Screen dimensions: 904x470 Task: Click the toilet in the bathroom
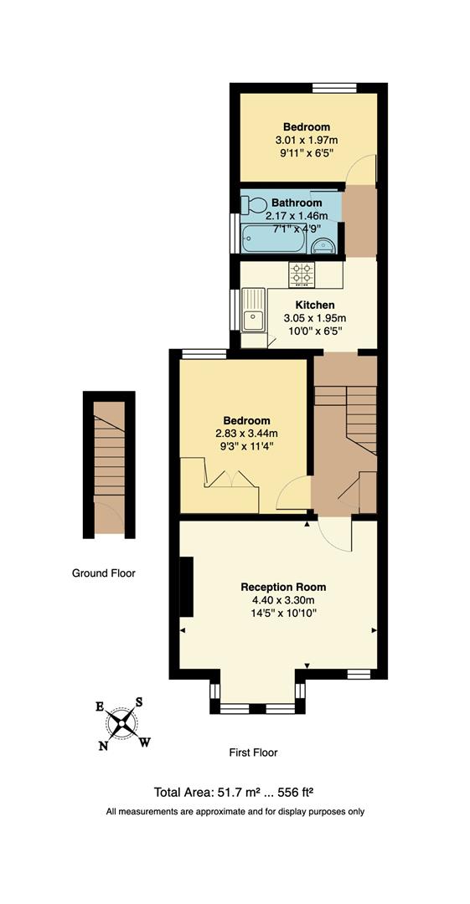254,204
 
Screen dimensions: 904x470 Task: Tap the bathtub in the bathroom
273,239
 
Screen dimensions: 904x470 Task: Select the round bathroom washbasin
325,244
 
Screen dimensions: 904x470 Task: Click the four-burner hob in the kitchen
302,272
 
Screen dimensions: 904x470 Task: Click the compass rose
122,722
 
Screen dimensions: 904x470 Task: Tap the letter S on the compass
140,701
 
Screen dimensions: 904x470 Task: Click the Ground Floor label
103,573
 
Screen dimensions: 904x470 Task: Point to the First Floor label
253,752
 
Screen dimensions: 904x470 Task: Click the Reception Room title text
283,587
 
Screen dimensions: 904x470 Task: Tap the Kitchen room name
314,305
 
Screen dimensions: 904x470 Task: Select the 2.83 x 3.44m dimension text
246,433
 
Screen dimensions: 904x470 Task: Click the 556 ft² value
297,792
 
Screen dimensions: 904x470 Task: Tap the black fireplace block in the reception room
186,587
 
